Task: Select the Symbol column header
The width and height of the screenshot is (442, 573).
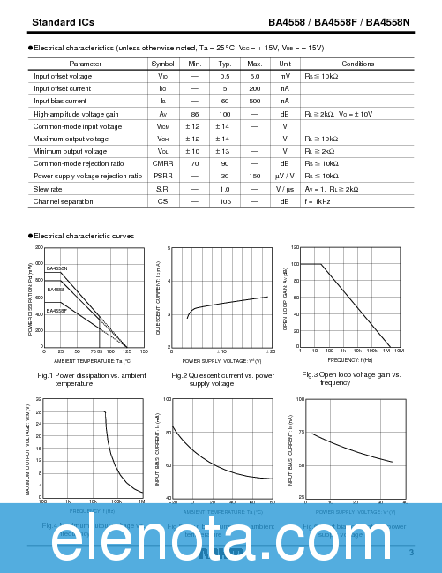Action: point(162,64)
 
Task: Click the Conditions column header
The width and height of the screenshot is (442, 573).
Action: point(357,64)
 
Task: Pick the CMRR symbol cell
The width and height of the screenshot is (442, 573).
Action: point(162,163)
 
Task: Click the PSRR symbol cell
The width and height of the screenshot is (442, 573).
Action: point(162,176)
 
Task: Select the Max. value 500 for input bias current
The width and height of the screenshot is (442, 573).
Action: point(255,102)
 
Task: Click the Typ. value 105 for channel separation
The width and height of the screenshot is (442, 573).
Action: point(225,201)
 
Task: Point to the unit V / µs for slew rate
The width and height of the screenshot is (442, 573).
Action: point(285,189)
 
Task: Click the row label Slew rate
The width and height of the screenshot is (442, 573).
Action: point(48,189)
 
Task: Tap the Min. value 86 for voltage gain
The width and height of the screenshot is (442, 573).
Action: point(194,114)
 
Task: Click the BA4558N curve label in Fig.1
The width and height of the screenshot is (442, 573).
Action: point(57,268)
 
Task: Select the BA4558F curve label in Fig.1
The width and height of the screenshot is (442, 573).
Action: point(57,311)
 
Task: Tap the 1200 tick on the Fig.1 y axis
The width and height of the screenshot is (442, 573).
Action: point(37,248)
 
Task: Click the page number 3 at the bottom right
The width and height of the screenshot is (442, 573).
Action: point(411,553)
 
